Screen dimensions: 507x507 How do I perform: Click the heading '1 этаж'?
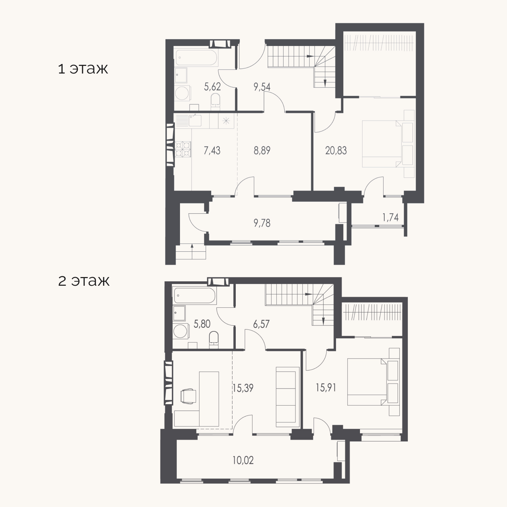point(83,69)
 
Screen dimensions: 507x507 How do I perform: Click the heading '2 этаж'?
point(84,281)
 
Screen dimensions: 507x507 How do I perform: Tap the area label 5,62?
point(212,87)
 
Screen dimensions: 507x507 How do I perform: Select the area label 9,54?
point(262,87)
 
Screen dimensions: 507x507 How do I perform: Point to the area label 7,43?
point(212,151)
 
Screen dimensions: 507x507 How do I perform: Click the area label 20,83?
point(336,151)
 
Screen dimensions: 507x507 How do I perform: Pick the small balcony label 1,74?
point(390,217)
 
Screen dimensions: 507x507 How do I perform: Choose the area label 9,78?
point(262,223)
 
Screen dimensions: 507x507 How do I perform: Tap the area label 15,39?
point(243,388)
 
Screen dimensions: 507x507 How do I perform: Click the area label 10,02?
point(243,460)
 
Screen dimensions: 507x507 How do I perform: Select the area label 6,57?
point(261,324)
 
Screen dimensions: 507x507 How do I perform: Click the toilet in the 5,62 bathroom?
point(215,101)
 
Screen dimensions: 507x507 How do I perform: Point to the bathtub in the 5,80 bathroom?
point(195,296)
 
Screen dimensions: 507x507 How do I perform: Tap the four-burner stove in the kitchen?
point(183,149)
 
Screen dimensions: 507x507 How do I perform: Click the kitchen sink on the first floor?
point(195,121)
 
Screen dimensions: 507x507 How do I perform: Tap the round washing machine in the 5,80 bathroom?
point(180,331)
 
